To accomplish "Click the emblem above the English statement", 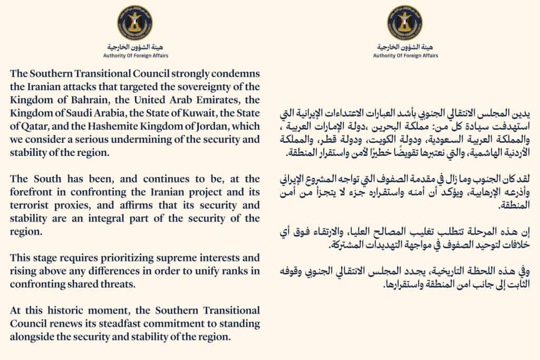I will (135, 23).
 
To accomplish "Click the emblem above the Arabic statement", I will (404, 23).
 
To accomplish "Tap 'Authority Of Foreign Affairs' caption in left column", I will (135, 55).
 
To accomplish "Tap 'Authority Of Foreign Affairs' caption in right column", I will (404, 55).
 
